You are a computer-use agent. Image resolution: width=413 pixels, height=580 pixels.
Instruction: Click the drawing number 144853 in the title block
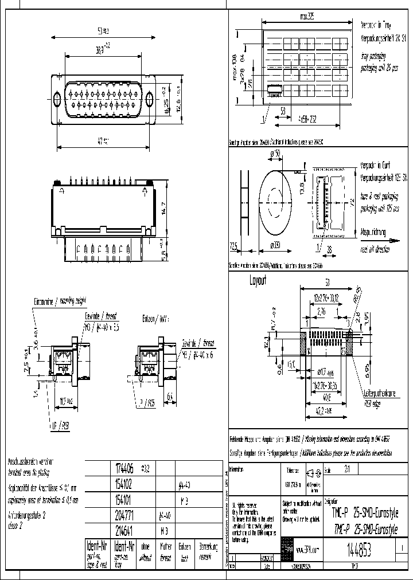[x=358, y=551]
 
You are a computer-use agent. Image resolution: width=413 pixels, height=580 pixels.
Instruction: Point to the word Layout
[x=259, y=281]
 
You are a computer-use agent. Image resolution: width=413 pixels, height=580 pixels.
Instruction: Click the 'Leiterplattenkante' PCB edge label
[x=375, y=396]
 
